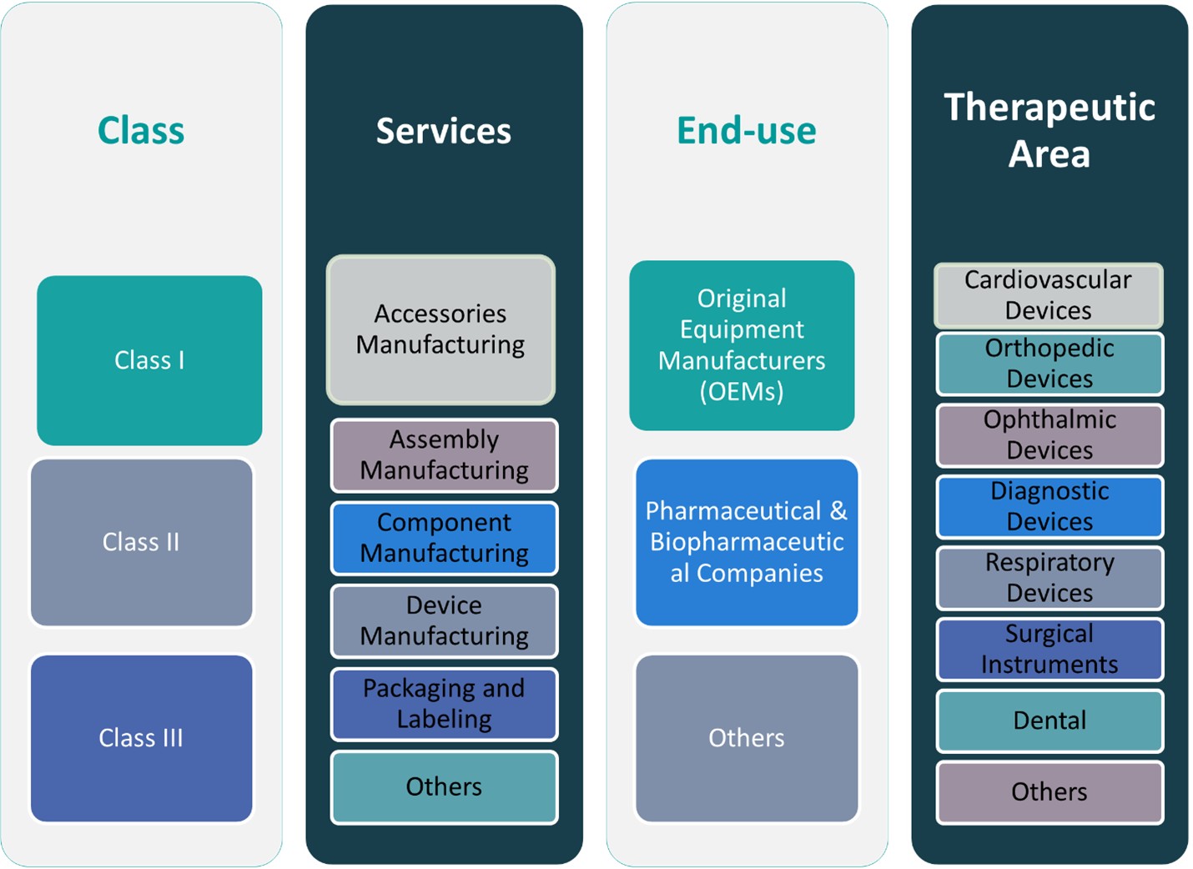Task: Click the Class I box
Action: (149, 360)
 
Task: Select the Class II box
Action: (141, 542)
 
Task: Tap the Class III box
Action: (141, 738)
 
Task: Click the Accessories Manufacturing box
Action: (440, 329)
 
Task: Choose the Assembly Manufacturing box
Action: (444, 455)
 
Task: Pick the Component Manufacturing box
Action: (444, 538)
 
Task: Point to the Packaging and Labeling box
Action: (444, 704)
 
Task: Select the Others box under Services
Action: (444, 787)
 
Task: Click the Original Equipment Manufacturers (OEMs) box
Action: (742, 345)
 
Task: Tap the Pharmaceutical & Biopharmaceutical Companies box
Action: (747, 542)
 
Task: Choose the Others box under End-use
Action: (747, 738)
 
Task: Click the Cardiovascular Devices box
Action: (1049, 295)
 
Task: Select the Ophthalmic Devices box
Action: (1050, 435)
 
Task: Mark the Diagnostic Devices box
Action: (1050, 506)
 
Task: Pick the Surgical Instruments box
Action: (1050, 649)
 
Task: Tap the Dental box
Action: (1050, 721)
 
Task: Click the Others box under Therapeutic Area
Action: (1050, 792)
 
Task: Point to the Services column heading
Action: (444, 131)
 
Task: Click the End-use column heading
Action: (747, 131)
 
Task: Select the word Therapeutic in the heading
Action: (1050, 108)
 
